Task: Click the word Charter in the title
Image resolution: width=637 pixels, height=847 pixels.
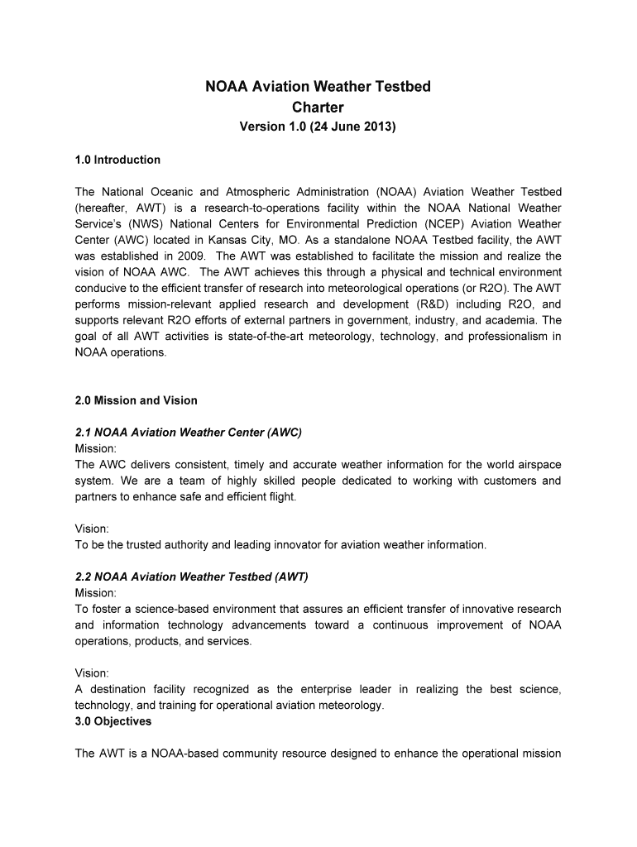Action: coord(318,108)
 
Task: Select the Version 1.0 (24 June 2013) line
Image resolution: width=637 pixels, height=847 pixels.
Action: coord(318,128)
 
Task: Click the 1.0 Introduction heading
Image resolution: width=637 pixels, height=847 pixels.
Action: coord(117,160)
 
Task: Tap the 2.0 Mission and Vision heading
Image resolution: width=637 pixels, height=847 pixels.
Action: coord(136,400)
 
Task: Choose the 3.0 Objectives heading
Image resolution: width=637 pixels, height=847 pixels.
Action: coord(113,721)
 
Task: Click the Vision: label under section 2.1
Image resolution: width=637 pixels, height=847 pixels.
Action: coord(92,529)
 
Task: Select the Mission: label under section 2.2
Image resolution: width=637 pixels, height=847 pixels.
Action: coord(95,593)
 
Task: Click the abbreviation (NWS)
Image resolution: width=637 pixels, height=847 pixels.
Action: coord(141,223)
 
